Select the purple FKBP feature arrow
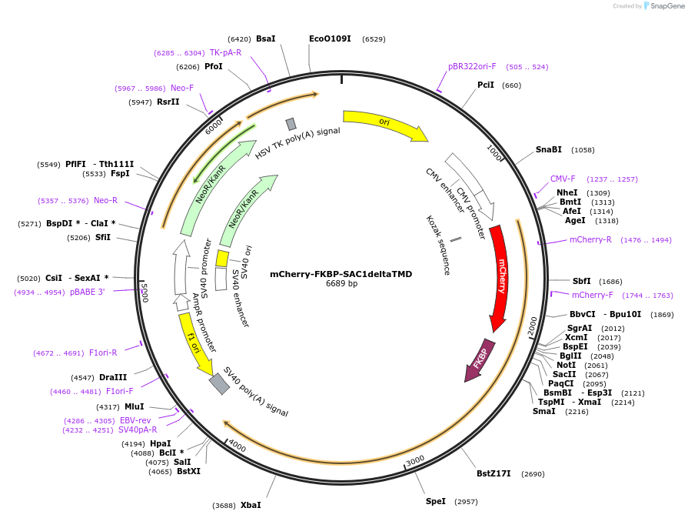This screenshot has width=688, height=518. click(479, 360)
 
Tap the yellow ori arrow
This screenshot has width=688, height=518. click(384, 122)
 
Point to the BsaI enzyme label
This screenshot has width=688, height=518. click(265, 38)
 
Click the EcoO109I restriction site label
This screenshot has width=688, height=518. click(330, 38)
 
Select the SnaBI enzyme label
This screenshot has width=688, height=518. click(549, 149)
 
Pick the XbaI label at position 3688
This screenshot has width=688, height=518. click(251, 505)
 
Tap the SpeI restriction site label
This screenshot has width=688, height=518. click(436, 501)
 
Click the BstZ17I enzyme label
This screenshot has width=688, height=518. click(494, 473)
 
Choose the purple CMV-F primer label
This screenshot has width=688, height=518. click(563, 179)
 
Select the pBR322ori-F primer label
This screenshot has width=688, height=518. click(472, 67)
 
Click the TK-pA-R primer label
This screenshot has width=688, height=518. click(225, 52)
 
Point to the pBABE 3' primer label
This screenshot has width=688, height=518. click(87, 292)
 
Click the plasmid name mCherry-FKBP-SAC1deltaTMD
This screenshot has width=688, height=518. click(341, 274)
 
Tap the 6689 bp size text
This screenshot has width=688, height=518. click(341, 284)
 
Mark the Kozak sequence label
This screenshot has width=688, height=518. click(437, 245)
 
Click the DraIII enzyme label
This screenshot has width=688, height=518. click(113, 377)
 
